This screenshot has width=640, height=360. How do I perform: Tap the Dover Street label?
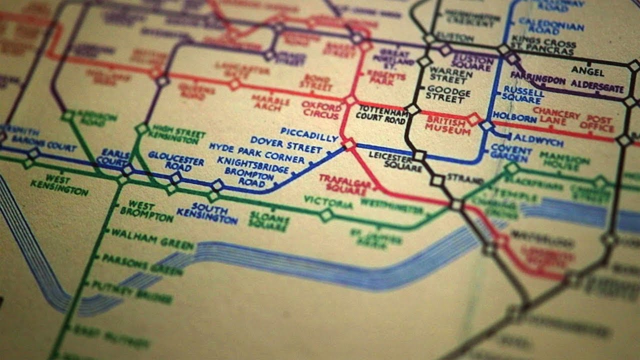pyautogui.click(x=286, y=145)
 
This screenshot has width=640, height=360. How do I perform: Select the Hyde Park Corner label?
pyautogui.click(x=256, y=153)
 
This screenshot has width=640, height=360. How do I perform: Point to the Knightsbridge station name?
pyautogui.click(x=253, y=165)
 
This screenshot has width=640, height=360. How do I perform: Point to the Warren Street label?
pyautogui.click(x=451, y=74)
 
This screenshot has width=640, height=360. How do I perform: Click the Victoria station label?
pyautogui.click(x=328, y=203)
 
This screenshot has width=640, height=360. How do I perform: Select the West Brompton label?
pyautogui.click(x=147, y=211)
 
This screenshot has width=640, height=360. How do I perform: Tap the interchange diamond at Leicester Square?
pyautogui.click(x=419, y=156)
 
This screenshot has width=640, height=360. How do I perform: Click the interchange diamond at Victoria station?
pyautogui.click(x=326, y=215)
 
